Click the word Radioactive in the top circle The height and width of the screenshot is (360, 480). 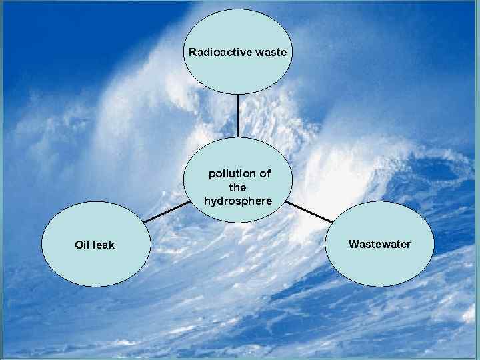pos(217,51)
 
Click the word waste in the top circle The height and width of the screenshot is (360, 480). pos(268,51)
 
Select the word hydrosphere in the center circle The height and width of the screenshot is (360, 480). pos(238,201)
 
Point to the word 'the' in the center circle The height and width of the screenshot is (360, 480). pos(238,187)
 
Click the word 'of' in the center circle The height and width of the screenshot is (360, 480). pos(264,174)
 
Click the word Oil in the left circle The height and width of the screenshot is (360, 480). pos(82,245)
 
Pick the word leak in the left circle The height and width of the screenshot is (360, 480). pos(103,245)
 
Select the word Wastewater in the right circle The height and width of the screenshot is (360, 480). pos(379,244)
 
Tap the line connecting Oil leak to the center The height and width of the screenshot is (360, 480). pos(167,211)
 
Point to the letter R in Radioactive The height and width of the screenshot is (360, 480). pos(192,51)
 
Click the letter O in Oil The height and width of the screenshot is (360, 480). pos(79,245)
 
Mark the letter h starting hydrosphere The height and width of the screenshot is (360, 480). pos(207,201)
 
